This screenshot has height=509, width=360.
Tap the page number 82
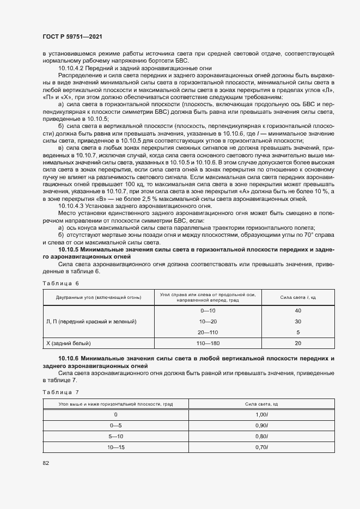pos(46,463)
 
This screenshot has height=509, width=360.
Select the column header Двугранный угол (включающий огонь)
pos(99,297)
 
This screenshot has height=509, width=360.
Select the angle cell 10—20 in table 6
pos(208,321)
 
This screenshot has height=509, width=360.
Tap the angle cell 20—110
pos(208,332)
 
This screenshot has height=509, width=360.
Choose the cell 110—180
pos(208,343)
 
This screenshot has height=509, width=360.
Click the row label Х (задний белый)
pos(69,343)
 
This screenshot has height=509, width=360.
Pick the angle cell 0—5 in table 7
pos(116,425)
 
